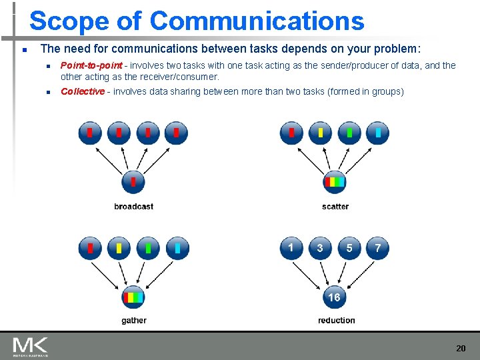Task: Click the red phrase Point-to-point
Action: point(91,65)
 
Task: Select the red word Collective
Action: point(83,91)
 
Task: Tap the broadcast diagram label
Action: point(133,207)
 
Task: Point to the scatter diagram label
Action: point(335,207)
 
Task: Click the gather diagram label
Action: point(134,321)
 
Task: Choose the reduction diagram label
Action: point(336,321)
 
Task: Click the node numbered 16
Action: point(334,297)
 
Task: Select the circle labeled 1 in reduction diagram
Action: point(291,249)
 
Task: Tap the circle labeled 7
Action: point(378,249)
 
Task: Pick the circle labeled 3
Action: point(320,249)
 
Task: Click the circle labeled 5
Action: point(349,249)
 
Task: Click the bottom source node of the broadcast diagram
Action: point(133,181)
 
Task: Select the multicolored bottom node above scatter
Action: point(334,181)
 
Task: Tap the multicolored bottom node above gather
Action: point(133,297)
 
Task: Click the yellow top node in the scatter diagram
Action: point(320,133)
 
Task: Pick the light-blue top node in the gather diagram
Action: point(177,248)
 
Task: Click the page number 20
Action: point(461,348)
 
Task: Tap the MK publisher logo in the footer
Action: point(29,346)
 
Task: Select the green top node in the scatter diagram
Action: point(349,133)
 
